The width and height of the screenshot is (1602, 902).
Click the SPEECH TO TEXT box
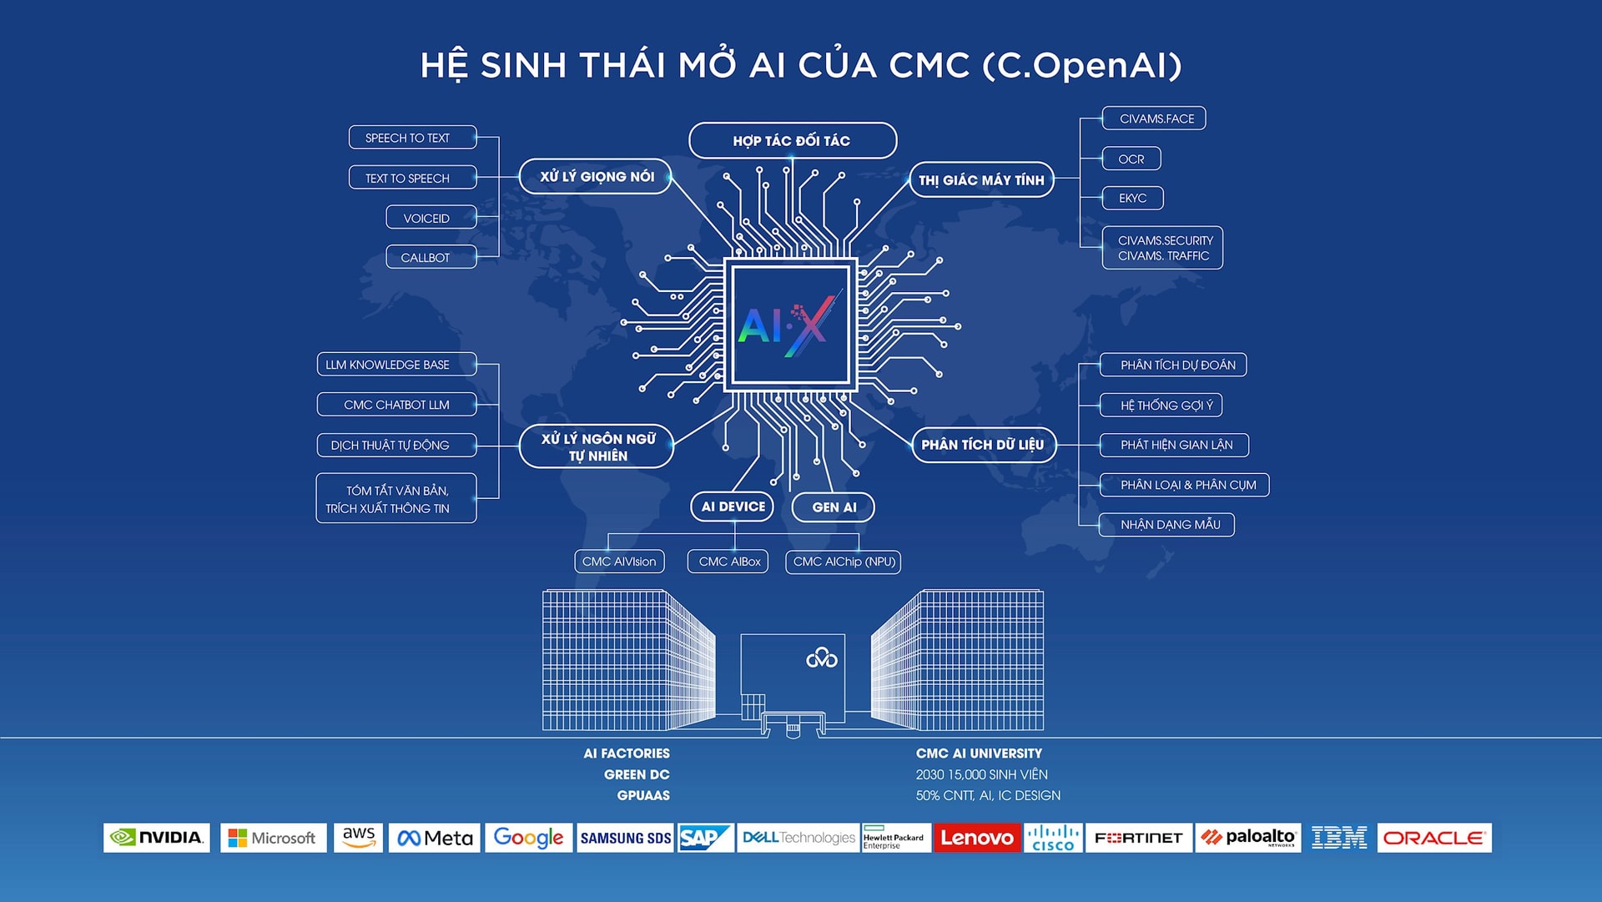tap(412, 138)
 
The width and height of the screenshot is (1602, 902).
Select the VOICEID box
tap(431, 218)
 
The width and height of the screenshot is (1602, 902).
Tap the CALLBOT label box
tap(431, 257)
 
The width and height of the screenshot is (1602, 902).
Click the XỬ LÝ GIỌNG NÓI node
tap(595, 176)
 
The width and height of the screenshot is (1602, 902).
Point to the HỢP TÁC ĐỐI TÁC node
tap(793, 140)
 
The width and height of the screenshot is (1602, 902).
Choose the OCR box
tap(1131, 159)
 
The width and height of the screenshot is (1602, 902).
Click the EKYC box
tap(1133, 198)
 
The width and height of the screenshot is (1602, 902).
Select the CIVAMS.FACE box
tap(1154, 118)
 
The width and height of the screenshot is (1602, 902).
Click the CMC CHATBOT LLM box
tap(397, 405)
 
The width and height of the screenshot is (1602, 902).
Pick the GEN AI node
tap(833, 507)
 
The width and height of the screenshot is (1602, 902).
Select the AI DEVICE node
tap(733, 506)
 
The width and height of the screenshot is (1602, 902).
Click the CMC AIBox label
tap(728, 562)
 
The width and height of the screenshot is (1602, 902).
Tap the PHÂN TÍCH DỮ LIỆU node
tap(984, 445)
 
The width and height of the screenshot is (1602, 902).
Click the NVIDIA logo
tap(157, 837)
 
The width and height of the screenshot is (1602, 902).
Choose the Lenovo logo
tap(976, 837)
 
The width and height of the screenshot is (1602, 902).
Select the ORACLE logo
tap(1434, 837)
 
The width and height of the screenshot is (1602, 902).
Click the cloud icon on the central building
tap(822, 658)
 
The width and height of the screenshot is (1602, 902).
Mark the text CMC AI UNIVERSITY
tap(979, 753)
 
